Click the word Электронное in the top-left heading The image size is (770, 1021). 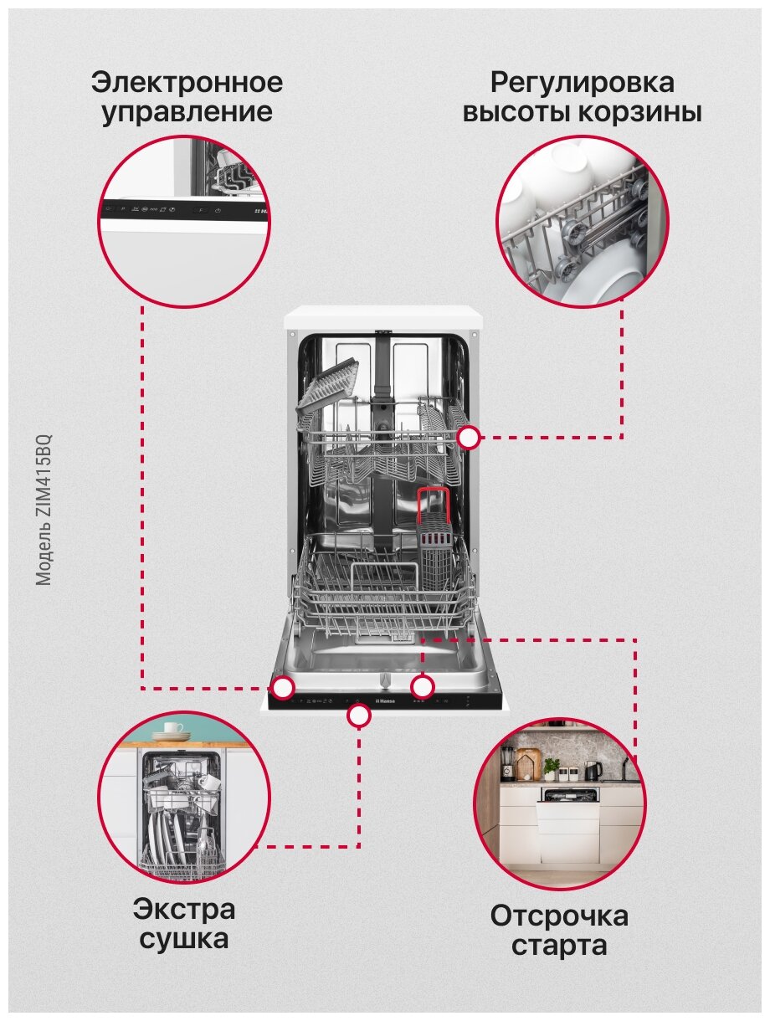coord(187,83)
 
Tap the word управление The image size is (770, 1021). coord(187,112)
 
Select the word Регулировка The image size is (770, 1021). coord(582,83)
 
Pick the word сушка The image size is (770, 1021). coord(184,938)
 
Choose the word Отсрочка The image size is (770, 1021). coord(559,916)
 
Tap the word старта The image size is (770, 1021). coord(559,947)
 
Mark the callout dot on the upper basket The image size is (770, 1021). coord(469,437)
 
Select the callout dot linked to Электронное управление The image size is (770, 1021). coord(284,688)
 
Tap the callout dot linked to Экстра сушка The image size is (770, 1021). coord(359,715)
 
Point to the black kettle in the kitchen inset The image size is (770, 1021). coord(593,769)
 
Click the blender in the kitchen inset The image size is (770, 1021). coord(507,763)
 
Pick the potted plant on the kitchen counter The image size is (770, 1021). coord(551,767)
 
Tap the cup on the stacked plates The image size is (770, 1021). coord(173,728)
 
